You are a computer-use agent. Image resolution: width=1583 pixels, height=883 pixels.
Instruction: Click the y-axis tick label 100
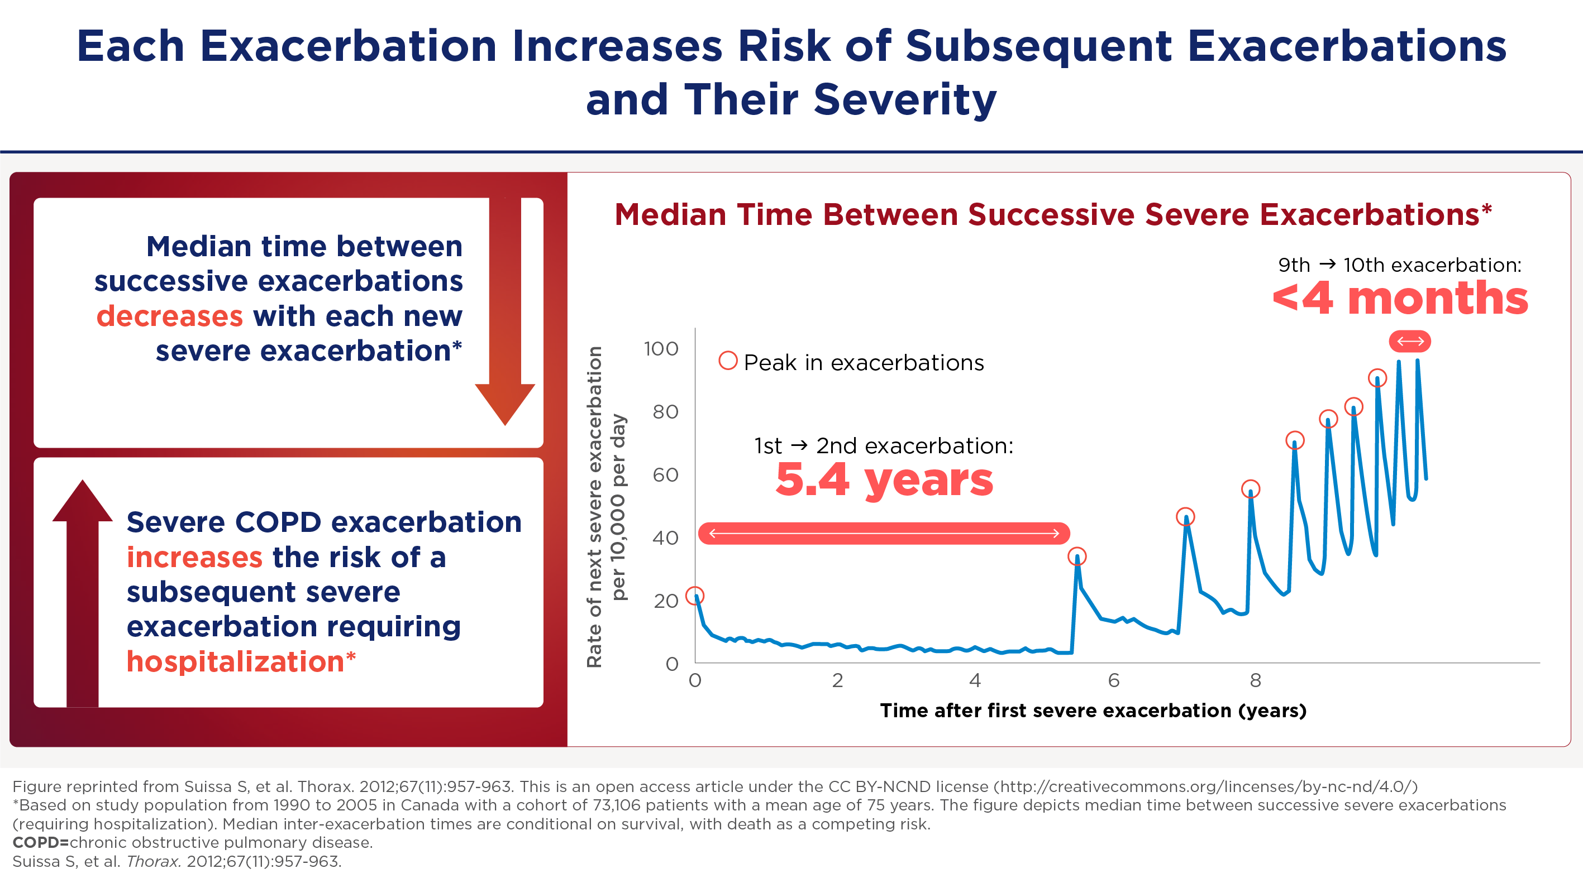661,349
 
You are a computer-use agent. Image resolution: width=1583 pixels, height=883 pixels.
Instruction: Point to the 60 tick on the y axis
665,474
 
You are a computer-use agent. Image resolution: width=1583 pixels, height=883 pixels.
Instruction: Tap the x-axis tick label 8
1256,680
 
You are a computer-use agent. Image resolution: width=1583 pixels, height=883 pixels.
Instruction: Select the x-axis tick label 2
838,680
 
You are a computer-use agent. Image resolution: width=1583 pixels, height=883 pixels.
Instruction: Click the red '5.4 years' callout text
884,480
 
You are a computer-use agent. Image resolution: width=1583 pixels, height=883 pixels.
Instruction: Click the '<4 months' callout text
1400,299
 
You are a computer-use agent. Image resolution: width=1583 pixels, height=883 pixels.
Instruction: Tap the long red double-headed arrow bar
884,533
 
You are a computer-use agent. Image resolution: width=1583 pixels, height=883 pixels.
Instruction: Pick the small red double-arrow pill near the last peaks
1410,342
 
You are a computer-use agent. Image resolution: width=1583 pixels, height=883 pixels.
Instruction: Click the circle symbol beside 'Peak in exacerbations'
728,361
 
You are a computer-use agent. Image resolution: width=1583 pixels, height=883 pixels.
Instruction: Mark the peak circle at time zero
695,596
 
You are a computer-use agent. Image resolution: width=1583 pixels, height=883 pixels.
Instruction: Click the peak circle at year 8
1251,490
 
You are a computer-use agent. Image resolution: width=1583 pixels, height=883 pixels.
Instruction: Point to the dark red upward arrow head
82,501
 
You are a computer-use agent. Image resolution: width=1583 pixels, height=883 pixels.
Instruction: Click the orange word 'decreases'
170,316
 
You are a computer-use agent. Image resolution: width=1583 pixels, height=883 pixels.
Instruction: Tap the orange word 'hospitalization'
235,662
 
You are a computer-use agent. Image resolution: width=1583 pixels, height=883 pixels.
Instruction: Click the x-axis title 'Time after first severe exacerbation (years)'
1093,711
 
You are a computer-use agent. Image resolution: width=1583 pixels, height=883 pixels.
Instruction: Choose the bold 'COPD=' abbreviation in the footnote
41,842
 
